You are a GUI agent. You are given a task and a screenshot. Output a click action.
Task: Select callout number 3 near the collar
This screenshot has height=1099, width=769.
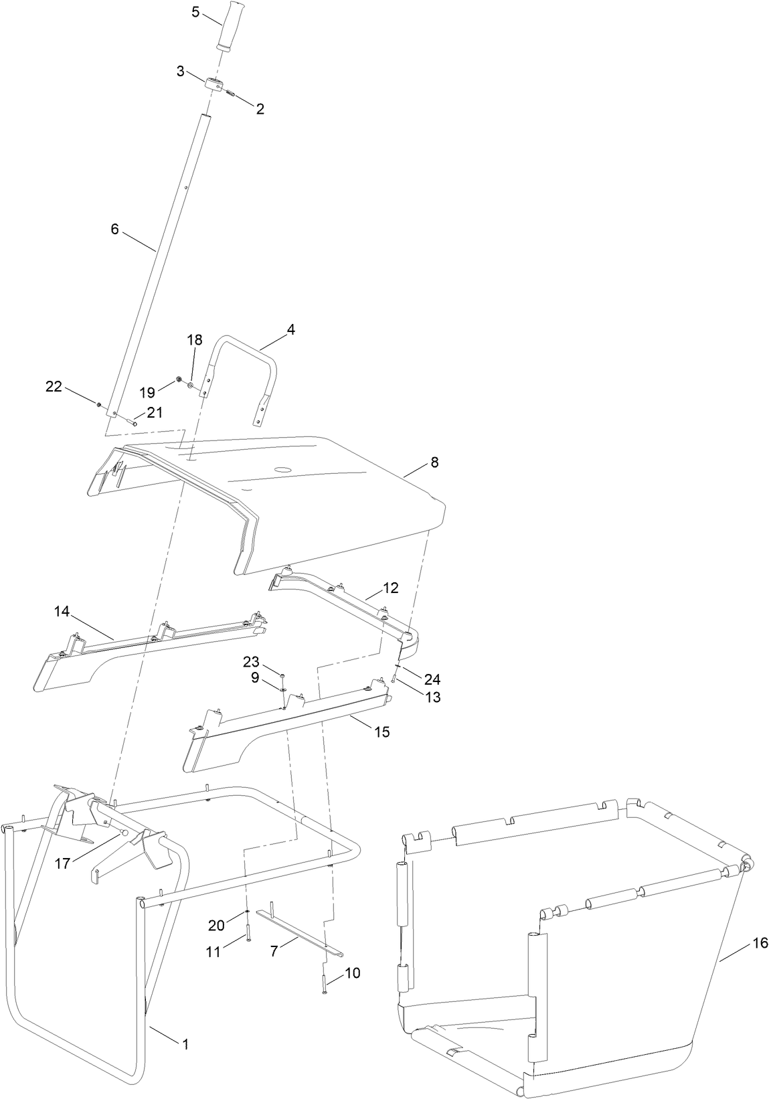pyautogui.click(x=181, y=71)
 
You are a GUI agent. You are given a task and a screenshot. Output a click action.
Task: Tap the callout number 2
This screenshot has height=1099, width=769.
pyautogui.click(x=260, y=109)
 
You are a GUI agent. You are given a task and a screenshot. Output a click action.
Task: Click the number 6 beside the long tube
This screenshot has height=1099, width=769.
pyautogui.click(x=114, y=229)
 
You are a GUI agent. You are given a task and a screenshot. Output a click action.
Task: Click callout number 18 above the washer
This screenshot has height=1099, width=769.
pyautogui.click(x=194, y=340)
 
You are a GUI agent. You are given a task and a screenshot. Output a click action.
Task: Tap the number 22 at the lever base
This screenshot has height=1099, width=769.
pyautogui.click(x=54, y=386)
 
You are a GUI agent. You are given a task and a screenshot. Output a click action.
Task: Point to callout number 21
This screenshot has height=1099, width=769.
pyautogui.click(x=155, y=413)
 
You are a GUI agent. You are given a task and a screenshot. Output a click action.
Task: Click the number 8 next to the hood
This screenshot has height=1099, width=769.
pyautogui.click(x=434, y=462)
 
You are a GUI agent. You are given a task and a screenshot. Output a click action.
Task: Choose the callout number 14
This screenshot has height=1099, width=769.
pyautogui.click(x=62, y=611)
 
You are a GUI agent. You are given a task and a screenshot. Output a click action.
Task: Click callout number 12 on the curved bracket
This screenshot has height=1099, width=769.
pyautogui.click(x=391, y=588)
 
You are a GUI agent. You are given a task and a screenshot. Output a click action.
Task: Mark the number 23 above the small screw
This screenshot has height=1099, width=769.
pyautogui.click(x=250, y=662)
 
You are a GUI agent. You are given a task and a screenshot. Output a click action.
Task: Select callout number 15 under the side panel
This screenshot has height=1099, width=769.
pyautogui.click(x=381, y=732)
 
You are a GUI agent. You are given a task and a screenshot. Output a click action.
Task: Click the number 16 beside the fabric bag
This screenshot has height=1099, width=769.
pyautogui.click(x=760, y=943)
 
